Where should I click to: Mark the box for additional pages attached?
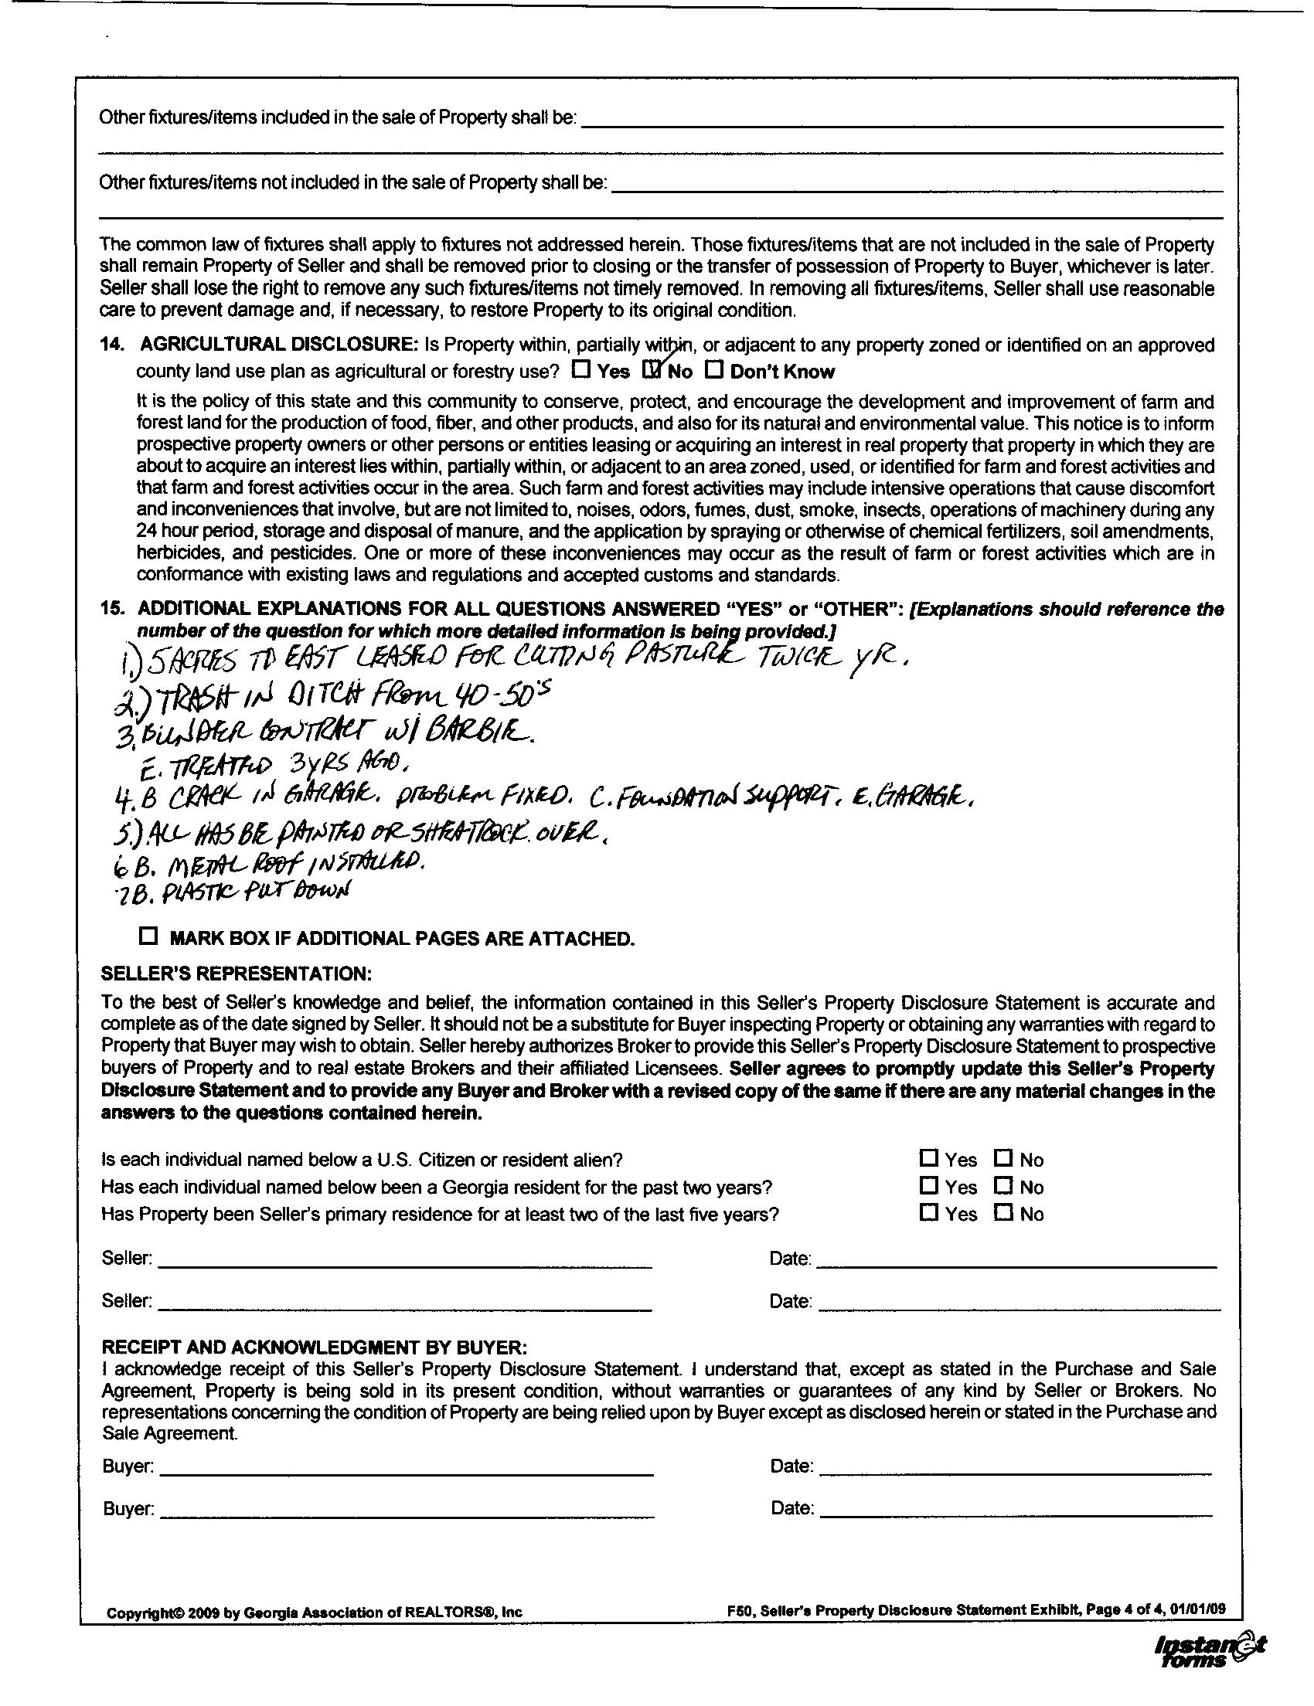147,936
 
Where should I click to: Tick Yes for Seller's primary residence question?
928,1212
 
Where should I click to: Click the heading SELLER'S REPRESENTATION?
237,974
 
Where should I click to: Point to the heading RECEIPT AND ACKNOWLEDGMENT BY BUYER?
315,1347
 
